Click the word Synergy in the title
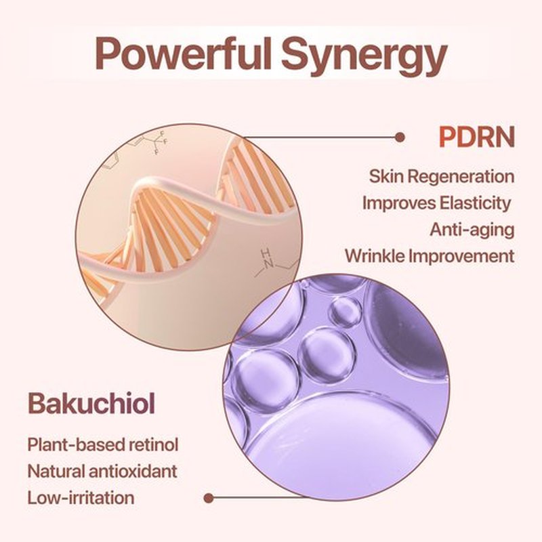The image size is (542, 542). (x=364, y=57)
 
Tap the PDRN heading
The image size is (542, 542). (x=477, y=137)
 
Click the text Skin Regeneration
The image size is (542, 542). (x=442, y=177)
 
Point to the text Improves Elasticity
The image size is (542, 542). (x=436, y=203)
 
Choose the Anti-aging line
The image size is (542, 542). (x=472, y=230)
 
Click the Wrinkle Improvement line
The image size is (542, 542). (x=430, y=256)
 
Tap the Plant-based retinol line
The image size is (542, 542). (x=103, y=444)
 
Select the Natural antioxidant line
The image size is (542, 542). (x=102, y=471)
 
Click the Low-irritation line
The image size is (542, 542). (x=81, y=498)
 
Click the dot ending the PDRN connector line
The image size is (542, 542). (x=400, y=138)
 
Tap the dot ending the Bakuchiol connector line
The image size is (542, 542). (x=209, y=498)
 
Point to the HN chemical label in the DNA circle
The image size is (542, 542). (x=266, y=258)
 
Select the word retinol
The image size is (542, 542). (x=154, y=444)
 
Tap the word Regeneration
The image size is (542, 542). (x=462, y=177)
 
